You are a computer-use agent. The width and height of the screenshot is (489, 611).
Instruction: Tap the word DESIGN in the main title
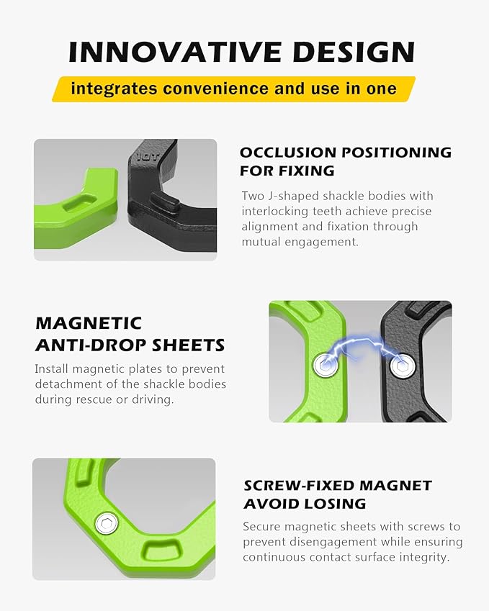tap(354, 51)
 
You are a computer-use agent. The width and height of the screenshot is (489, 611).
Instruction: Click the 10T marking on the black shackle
tap(148, 157)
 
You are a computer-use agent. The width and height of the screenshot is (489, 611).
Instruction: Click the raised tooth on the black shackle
tap(165, 202)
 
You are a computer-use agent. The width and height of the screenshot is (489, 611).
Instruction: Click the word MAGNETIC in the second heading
tap(89, 323)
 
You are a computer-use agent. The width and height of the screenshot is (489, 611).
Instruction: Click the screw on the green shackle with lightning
tap(326, 366)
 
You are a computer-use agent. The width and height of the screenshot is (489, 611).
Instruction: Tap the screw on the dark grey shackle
tap(402, 366)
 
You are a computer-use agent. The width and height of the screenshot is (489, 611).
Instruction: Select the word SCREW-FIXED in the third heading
tap(299, 486)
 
